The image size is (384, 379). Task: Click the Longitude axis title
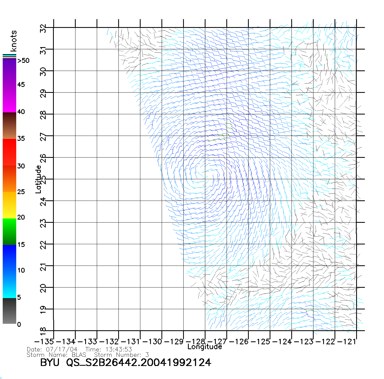205,347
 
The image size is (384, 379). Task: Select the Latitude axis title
38,179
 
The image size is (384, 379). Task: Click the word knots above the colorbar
13,41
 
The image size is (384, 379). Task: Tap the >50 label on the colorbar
23,61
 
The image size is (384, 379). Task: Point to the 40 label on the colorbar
21,112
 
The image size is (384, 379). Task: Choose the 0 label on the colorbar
19,324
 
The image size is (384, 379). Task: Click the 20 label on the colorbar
21,217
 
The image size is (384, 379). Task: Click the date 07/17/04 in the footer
62,349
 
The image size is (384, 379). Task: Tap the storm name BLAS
79,355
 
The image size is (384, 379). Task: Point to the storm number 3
147,355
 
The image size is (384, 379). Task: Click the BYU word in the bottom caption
50,362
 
